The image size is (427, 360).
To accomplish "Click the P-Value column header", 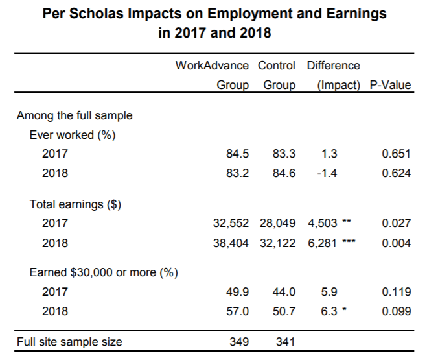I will pos(390,85).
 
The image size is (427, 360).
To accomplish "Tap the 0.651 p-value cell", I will pos(396,154).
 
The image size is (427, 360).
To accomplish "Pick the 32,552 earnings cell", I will pos(231,223).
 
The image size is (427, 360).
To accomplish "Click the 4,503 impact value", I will pos(322,223).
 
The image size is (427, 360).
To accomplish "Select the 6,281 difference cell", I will pos(322,243).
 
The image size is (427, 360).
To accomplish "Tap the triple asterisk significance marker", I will pos(350,242).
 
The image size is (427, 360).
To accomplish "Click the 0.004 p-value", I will pos(396,243).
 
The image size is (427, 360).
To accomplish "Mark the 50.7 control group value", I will pos(284,311).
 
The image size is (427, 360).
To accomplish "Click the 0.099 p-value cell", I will pos(396,311).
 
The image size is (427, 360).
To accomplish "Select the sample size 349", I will pos(239,342).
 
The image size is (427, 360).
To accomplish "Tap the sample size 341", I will pos(285,342).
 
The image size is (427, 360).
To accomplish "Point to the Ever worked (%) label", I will pos(66,135).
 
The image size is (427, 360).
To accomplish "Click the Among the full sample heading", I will pos(75,116).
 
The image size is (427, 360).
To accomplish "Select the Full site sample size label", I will pos(69,342).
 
